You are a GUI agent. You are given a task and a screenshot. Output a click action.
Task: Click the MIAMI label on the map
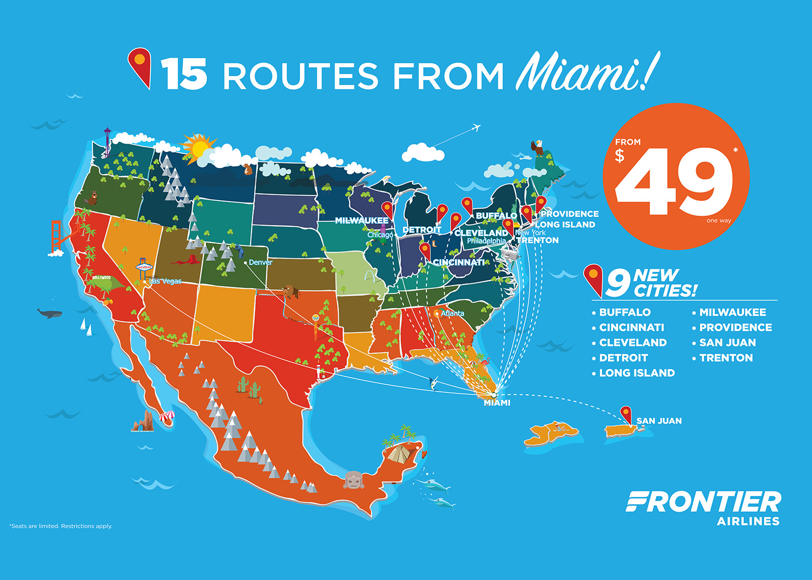(497, 403)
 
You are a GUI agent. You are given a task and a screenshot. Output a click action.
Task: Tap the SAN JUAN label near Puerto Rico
(659, 421)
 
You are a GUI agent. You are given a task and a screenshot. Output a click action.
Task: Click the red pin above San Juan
(625, 413)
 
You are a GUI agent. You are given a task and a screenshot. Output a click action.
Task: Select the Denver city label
(260, 262)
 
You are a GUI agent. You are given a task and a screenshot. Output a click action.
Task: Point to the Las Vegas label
(165, 281)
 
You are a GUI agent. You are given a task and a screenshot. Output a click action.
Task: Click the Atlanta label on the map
(452, 313)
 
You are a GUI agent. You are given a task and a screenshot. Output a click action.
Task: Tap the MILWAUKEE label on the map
(361, 221)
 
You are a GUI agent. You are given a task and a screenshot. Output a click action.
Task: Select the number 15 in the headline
(184, 74)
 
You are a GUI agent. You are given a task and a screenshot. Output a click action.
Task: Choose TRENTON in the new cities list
(726, 358)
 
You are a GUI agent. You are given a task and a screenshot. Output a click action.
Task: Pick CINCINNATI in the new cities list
(632, 327)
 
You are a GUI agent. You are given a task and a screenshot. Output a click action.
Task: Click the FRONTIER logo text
(703, 502)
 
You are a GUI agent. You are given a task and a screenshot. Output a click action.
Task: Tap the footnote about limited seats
(61, 526)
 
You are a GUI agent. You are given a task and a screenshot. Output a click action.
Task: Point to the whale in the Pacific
(49, 313)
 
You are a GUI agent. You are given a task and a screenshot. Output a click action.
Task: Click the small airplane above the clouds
(476, 127)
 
